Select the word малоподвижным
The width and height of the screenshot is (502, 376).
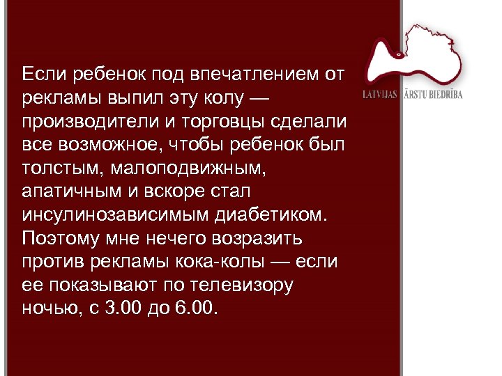tap(183, 168)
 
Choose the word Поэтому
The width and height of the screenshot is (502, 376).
tap(61, 239)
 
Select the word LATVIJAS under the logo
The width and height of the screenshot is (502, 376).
tap(380, 94)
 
